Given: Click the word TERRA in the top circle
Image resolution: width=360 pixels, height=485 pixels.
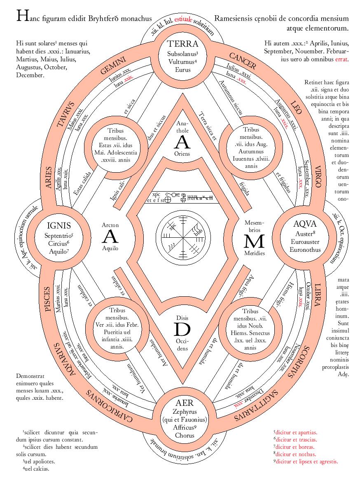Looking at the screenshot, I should point(183,44).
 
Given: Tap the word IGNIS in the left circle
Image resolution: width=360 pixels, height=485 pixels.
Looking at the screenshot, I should point(59,225).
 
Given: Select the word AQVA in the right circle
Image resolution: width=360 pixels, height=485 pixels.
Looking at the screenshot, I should point(305,224).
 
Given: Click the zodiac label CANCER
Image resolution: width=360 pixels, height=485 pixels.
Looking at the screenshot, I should point(243,61).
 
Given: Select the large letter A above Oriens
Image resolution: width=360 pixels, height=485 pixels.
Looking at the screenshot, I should point(183,142).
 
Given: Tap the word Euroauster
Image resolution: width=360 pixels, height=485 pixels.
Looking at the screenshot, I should point(305,241).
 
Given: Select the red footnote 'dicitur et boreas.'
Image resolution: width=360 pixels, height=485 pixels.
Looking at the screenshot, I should point(295,447).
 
